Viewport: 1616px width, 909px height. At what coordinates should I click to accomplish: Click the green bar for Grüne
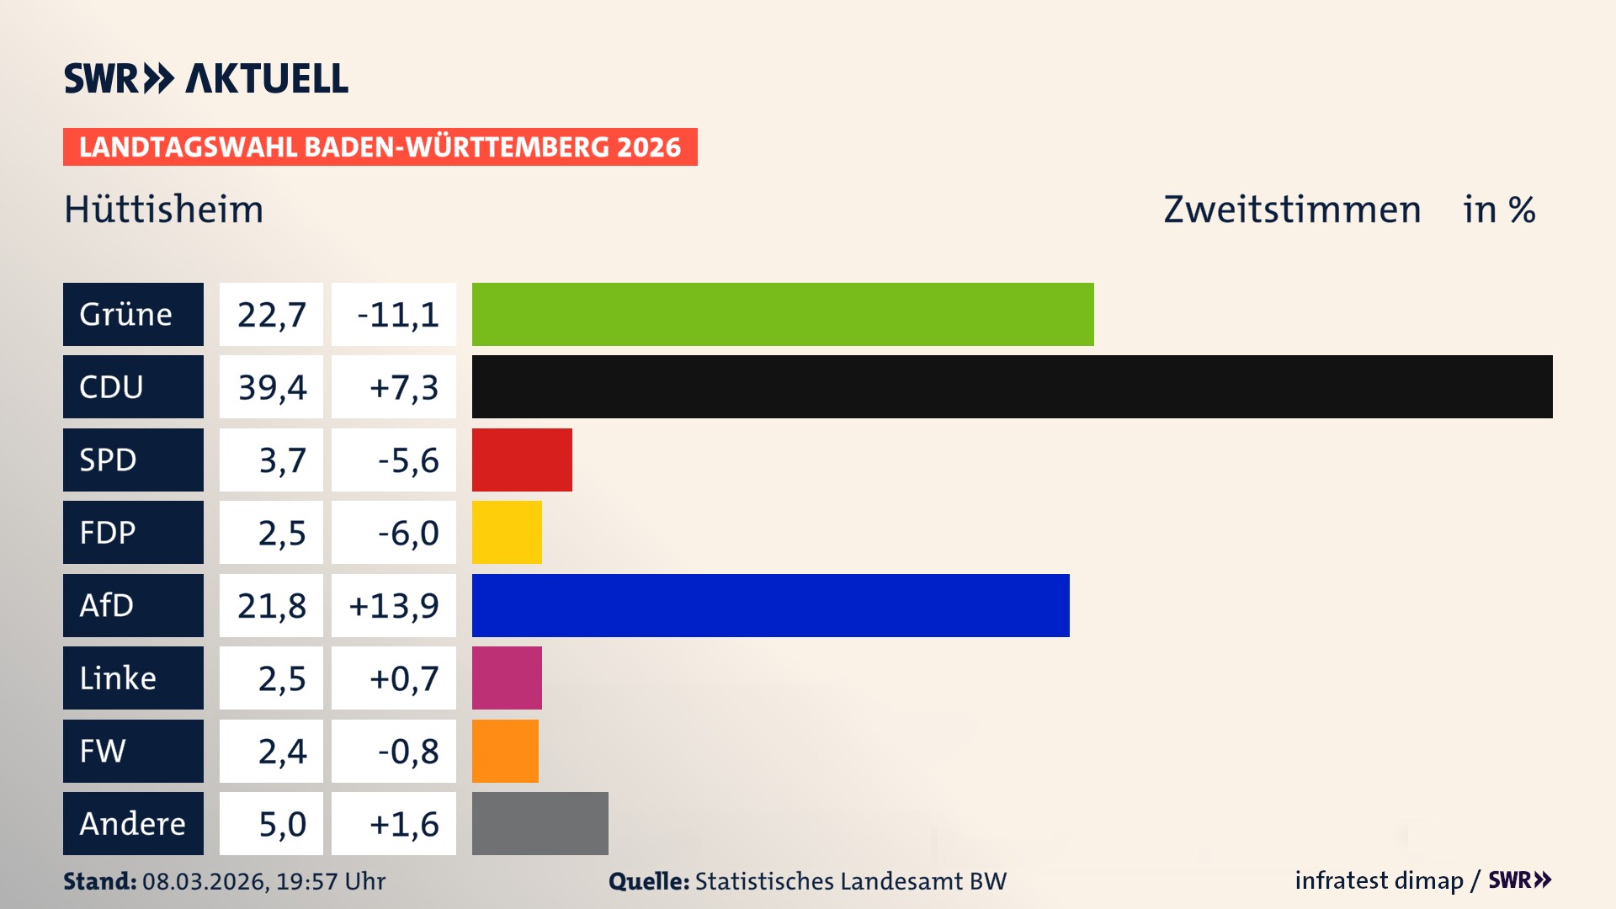[x=783, y=314]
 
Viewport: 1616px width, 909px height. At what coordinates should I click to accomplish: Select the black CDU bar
[x=1012, y=387]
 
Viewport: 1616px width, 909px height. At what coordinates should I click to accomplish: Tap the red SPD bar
[x=522, y=460]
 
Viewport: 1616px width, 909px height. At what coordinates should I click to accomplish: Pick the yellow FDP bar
[x=507, y=532]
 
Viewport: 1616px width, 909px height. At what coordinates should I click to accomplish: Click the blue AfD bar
[x=770, y=605]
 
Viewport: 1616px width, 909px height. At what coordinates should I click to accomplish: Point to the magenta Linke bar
[x=507, y=678]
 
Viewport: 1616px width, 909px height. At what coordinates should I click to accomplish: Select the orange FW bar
[x=505, y=751]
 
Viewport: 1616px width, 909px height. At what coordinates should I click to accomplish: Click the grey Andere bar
[x=540, y=823]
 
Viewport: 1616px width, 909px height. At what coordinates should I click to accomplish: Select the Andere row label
[x=133, y=823]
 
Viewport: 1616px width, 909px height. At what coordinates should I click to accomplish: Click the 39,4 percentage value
[x=271, y=387]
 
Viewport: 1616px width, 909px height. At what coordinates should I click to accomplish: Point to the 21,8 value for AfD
[x=271, y=605]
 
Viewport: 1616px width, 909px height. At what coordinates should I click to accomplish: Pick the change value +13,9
[x=394, y=605]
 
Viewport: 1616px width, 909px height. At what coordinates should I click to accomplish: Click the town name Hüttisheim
[x=164, y=210]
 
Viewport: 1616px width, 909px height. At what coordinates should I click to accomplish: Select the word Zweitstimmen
[x=1292, y=210]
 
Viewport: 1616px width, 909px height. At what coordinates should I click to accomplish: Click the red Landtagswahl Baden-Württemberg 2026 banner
[x=380, y=147]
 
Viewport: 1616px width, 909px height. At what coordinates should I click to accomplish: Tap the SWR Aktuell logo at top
[x=206, y=78]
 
